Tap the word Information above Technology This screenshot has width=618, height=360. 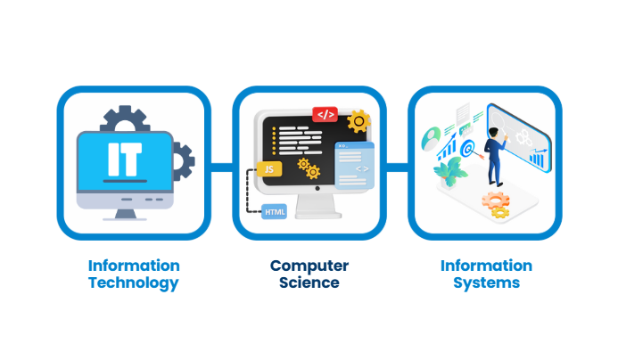[x=133, y=266]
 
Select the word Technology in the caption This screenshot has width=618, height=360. [x=133, y=283]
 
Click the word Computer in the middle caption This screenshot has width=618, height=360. [x=309, y=266]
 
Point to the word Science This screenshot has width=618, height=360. [x=309, y=283]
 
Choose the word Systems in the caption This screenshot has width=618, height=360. [x=485, y=283]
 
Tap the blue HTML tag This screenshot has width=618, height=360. [x=274, y=212]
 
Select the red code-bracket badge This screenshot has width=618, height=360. [x=325, y=114]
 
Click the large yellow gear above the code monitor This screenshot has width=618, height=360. [x=358, y=119]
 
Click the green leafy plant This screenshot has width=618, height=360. [x=457, y=170]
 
